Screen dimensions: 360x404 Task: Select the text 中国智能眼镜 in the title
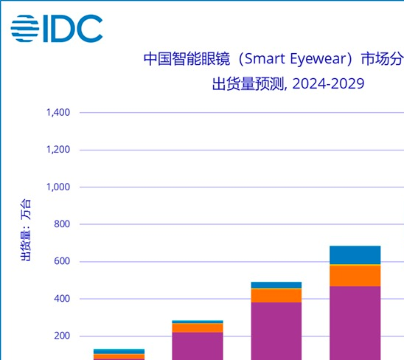pos(185,58)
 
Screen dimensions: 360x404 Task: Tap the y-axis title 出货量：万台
pos(25,230)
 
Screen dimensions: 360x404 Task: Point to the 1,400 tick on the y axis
pos(58,113)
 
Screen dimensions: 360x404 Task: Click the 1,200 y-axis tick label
pos(58,150)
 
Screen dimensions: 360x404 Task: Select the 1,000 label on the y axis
pos(58,187)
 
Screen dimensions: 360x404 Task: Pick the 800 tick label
pos(61,224)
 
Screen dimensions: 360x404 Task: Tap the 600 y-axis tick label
pos(61,262)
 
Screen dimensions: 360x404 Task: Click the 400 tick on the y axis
pos(61,299)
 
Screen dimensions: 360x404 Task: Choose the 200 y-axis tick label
pos(61,336)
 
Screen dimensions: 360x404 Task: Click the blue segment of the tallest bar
pos(355,255)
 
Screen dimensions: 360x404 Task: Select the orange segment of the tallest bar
pos(355,275)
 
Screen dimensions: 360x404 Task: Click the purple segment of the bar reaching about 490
pos(276,330)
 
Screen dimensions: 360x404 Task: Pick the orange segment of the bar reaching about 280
pos(198,328)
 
